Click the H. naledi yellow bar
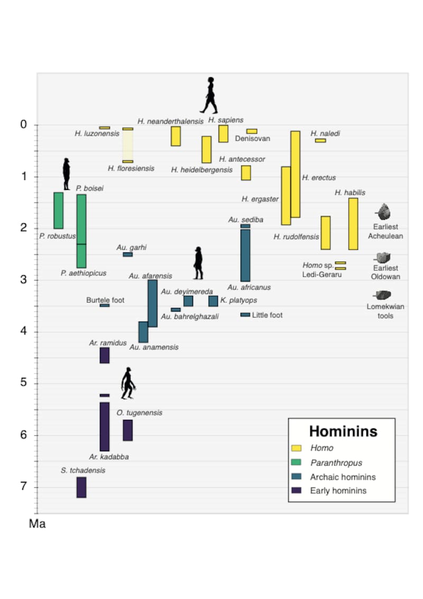[x=320, y=140]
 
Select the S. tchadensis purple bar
[x=81, y=487]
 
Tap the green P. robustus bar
[x=58, y=210]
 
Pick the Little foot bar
[x=245, y=315]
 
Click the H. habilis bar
[x=353, y=223]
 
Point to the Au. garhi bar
[x=128, y=255]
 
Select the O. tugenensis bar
[x=127, y=430]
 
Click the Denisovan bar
[x=252, y=131]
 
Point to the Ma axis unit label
[x=37, y=524]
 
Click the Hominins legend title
[x=343, y=431]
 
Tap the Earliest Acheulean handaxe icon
[x=383, y=212]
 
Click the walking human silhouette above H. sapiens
[x=209, y=95]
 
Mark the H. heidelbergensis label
[x=202, y=170]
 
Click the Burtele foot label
[x=105, y=300]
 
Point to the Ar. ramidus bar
[x=105, y=355]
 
